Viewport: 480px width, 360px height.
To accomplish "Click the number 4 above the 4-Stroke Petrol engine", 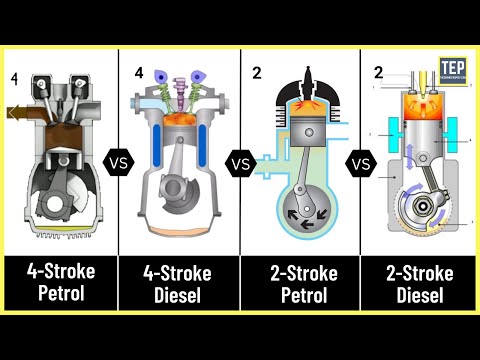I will coord(15,77).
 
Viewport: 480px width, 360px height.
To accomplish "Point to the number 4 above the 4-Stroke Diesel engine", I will coord(139,72).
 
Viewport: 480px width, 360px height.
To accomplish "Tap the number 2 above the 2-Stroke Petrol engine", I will coord(257,72).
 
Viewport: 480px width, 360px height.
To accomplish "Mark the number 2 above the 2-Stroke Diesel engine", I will coord(378,72).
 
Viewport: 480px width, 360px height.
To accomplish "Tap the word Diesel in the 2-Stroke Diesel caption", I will coord(420,296).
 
